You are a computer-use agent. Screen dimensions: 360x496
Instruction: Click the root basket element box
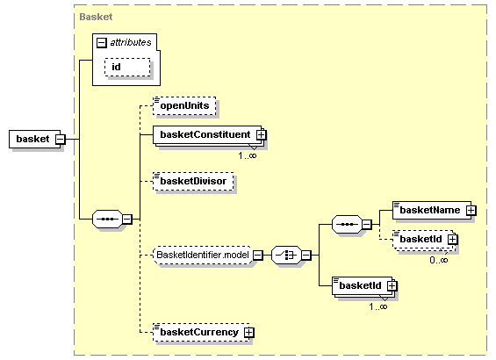[32, 139]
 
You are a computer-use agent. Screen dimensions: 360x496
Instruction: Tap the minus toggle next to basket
[60, 139]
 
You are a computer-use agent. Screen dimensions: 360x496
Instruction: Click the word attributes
[131, 41]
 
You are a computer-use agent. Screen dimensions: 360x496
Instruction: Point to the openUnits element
[183, 105]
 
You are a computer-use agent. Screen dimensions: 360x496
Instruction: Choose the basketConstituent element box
[204, 134]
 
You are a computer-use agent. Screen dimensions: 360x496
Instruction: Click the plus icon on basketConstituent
[261, 134]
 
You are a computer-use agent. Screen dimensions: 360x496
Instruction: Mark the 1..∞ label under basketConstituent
[248, 155]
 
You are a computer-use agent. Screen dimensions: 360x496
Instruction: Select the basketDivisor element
[190, 181]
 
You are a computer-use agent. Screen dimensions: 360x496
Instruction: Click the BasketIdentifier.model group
[203, 256]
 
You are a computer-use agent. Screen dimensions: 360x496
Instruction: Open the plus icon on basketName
[471, 210]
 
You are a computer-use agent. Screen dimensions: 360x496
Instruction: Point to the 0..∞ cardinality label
[439, 259]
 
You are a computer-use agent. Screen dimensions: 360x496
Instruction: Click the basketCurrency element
[198, 333]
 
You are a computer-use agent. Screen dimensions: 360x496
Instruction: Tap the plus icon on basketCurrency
[249, 333]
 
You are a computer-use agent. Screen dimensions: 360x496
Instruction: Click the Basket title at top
[95, 17]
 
